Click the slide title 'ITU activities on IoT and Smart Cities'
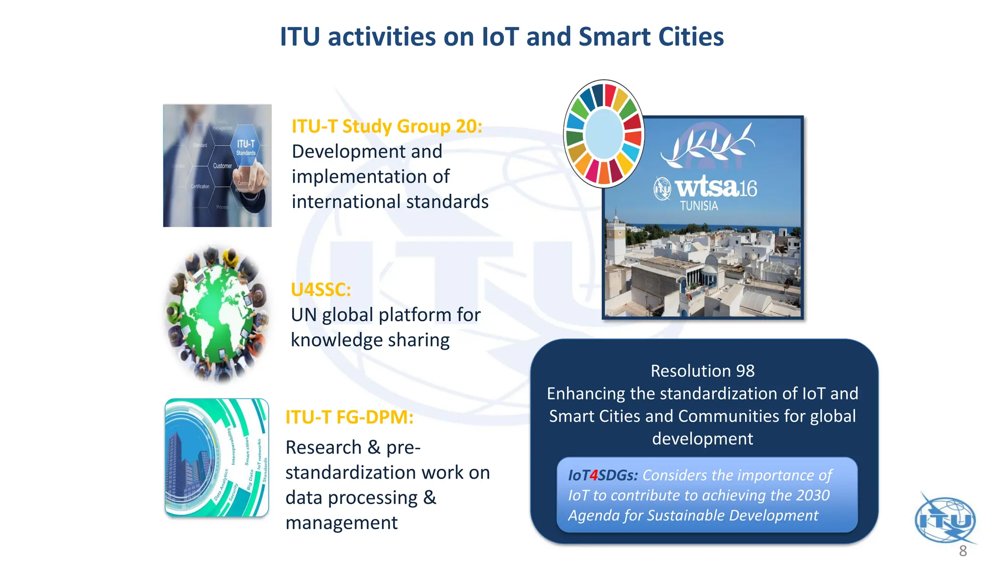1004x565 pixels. pos(502,37)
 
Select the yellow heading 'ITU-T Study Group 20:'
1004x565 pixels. pos(387,127)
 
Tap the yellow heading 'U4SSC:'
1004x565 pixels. pos(321,290)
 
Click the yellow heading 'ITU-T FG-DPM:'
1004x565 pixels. pos(350,417)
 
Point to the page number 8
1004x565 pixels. pos(963,551)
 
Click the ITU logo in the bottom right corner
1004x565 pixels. pos(945,520)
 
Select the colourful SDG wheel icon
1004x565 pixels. pos(604,134)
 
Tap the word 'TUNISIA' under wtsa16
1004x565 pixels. pos(699,206)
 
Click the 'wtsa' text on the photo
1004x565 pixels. pos(706,187)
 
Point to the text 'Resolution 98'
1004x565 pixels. pos(703,371)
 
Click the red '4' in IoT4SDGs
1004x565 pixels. pos(594,475)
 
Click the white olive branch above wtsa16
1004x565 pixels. pos(708,144)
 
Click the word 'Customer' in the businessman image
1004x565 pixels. pos(223,166)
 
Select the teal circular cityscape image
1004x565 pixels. pos(217,458)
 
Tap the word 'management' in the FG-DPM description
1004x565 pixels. pos(341,523)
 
